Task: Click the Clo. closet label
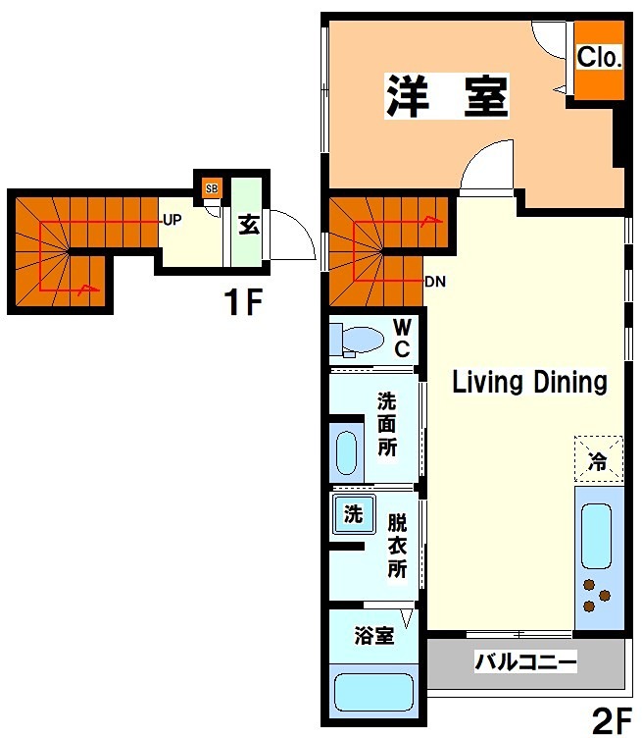(x=597, y=58)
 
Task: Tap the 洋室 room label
(x=447, y=96)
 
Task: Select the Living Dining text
(x=529, y=382)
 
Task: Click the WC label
(x=402, y=338)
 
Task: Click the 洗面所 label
(x=387, y=424)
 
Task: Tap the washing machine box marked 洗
(x=352, y=512)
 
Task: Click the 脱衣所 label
(x=396, y=545)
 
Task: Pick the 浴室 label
(x=373, y=635)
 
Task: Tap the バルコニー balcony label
(x=525, y=661)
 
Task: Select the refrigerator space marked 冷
(x=597, y=458)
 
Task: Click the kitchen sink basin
(x=596, y=535)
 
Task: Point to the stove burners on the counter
(x=597, y=593)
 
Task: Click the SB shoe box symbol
(x=212, y=187)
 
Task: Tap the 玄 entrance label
(x=248, y=223)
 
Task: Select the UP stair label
(x=172, y=220)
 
